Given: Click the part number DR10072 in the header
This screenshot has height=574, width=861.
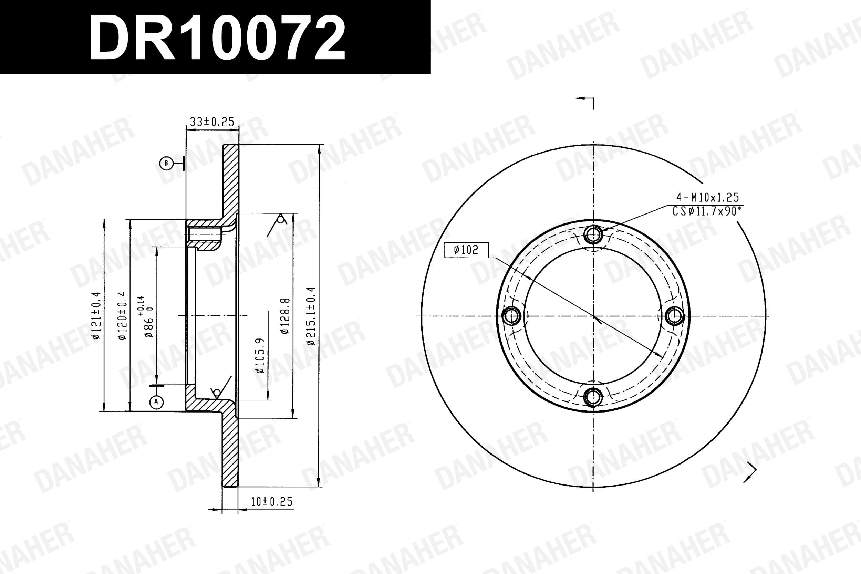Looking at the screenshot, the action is coord(217,38).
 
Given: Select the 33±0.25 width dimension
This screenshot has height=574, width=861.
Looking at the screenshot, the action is coord(212,122).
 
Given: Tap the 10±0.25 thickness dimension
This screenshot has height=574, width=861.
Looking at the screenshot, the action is coord(272,501).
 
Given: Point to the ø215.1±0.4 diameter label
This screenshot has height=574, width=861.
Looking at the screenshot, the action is coord(311,315).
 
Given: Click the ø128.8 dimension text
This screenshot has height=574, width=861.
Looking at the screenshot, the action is coord(285,315).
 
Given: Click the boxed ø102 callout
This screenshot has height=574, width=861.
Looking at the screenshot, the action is coord(466,250).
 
